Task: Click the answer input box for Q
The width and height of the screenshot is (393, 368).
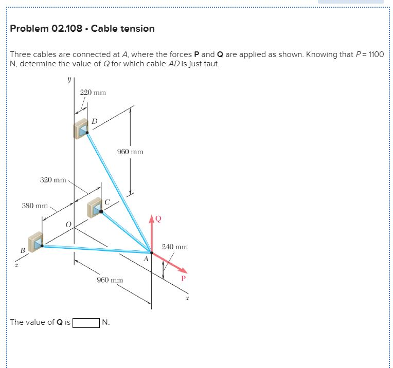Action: coord(86,323)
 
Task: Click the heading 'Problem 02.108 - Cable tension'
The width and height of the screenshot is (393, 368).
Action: coord(82,29)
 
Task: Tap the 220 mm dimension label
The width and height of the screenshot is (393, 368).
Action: coord(93,93)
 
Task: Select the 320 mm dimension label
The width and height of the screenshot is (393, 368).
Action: coord(53,180)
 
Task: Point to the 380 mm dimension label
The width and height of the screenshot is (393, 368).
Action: coord(34,206)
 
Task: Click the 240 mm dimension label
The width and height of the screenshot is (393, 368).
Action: coord(174,247)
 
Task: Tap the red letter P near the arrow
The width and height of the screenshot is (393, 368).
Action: coord(182,279)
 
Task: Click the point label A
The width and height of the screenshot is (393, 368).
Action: coord(146,259)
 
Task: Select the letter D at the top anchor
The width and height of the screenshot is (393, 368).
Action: coord(95,121)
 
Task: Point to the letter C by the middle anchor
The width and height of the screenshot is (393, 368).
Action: coord(108,201)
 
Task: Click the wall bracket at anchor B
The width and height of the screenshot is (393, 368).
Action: coord(35,242)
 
